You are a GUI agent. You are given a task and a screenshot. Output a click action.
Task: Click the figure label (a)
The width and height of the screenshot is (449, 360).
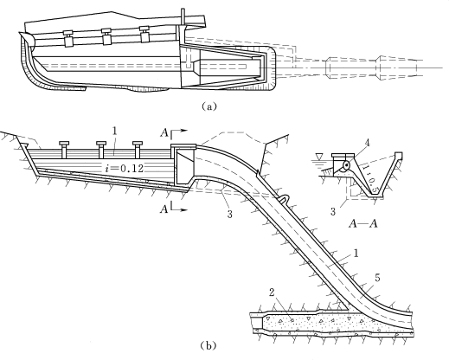click(x=208, y=106)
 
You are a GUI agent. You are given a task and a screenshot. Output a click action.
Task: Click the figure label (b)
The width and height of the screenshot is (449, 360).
click(x=208, y=345)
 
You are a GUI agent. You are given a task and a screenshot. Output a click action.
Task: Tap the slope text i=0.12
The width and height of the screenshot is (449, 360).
click(x=125, y=168)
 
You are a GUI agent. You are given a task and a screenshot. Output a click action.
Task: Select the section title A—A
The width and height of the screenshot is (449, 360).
click(x=363, y=223)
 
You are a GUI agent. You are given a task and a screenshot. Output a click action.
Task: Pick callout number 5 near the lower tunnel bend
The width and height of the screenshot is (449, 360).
click(x=377, y=278)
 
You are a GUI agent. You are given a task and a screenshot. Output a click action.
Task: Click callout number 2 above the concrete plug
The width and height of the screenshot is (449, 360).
click(x=272, y=292)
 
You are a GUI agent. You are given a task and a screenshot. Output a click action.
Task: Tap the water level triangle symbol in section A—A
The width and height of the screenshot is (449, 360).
click(x=318, y=157)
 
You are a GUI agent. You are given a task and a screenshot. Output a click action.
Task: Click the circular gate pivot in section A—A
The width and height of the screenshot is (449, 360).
click(x=346, y=165)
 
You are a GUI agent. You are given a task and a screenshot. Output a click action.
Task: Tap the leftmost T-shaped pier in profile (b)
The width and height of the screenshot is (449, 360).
click(x=63, y=150)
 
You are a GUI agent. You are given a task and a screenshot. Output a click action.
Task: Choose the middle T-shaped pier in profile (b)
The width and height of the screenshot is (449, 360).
click(x=101, y=150)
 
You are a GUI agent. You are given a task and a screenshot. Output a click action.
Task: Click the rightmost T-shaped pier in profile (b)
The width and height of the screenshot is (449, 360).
click(x=138, y=150)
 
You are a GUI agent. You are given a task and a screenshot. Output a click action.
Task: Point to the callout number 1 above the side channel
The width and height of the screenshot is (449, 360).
click(x=114, y=132)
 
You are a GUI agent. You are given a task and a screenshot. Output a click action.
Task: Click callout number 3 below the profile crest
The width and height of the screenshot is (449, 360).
click(x=229, y=215)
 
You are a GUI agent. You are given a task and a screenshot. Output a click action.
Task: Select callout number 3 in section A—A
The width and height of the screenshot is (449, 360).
click(x=333, y=212)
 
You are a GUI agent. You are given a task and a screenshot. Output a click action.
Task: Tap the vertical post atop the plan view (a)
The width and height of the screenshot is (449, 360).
click(x=183, y=17)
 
